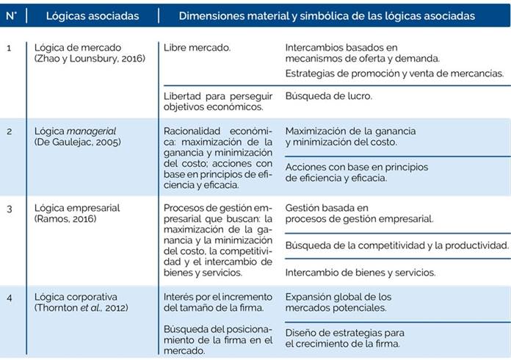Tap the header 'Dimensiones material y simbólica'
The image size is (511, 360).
pos(327,15)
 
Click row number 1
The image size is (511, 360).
pos(9,48)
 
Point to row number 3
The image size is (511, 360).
pos(9,208)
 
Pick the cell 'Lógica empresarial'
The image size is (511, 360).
pos(77,208)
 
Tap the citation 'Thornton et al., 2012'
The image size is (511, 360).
pos(81,307)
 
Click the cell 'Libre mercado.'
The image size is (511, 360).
pos(197,48)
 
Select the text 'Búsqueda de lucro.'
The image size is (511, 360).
pos(328,96)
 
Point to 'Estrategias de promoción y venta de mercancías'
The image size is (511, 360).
pos(394,73)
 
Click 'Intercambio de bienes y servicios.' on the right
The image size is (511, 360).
pos(360,272)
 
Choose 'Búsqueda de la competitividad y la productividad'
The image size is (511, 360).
pos(396,245)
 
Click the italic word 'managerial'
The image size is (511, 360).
pos(93,131)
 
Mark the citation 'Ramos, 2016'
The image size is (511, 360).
pos(65,219)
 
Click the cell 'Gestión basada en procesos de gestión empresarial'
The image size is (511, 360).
pos(358,213)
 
